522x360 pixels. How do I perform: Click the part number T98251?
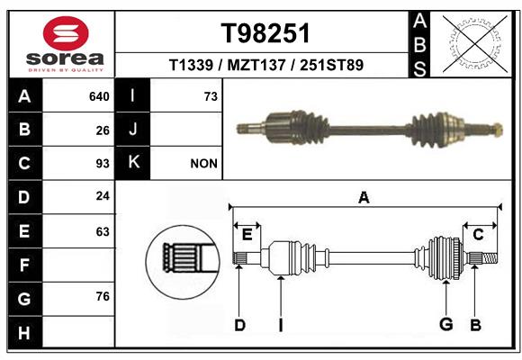(265, 33)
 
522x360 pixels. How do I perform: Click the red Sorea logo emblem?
(66, 33)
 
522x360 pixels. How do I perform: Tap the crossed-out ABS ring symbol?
(475, 44)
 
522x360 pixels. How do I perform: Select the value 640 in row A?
(99, 96)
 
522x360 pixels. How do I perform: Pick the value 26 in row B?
(103, 130)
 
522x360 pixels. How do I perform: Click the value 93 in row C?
(103, 164)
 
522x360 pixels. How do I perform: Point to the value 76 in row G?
(103, 296)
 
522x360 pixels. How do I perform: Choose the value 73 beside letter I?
(211, 96)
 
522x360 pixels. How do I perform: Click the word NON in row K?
(203, 164)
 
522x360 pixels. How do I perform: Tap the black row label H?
(25, 332)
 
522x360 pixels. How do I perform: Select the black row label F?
(25, 265)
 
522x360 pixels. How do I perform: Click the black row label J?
(132, 130)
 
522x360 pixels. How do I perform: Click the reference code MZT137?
(256, 65)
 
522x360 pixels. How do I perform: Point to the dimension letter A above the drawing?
(364, 198)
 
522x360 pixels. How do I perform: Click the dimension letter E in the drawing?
(247, 235)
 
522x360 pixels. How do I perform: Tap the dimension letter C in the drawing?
(478, 235)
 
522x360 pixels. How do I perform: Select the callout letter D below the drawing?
(239, 325)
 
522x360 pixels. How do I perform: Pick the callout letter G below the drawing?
(446, 324)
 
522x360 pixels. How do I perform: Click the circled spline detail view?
(183, 262)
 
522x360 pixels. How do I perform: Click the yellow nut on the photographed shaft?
(497, 130)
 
